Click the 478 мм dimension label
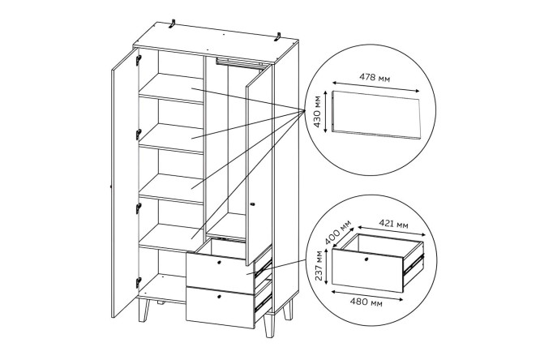pyautogui.click(x=375, y=78)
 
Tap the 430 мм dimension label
pyautogui.click(x=318, y=111)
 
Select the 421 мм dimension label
pyautogui.click(x=393, y=224)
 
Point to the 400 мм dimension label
pyautogui.click(x=339, y=232)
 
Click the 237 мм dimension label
pyautogui.click(x=319, y=265)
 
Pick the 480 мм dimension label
pyautogui.click(x=366, y=302)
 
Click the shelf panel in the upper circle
pyautogui.click(x=376, y=114)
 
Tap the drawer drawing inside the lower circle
pyautogui.click(x=378, y=263)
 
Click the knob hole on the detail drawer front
pyautogui.click(x=366, y=259)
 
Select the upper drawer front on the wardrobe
pyautogui.click(x=220, y=273)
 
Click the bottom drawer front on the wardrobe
pyautogui.click(x=220, y=307)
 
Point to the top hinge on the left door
pyautogui.click(x=139, y=60)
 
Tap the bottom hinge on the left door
pyautogui.click(x=138, y=282)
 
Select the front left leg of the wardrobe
pyautogui.click(x=144, y=310)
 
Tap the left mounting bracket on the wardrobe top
pyautogui.click(x=172, y=24)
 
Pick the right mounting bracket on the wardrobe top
pyautogui.click(x=277, y=36)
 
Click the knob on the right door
pyautogui.click(x=252, y=204)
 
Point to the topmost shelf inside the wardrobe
pyautogui.click(x=171, y=88)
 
